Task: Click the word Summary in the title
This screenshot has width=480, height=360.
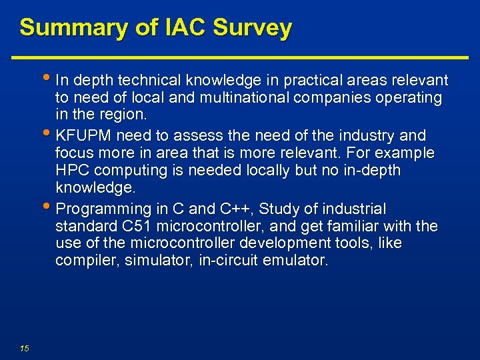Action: (x=64, y=28)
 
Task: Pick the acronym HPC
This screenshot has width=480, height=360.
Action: (x=71, y=171)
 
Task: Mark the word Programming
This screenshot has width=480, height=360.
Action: (x=95, y=209)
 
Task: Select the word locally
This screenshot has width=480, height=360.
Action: (x=257, y=171)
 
